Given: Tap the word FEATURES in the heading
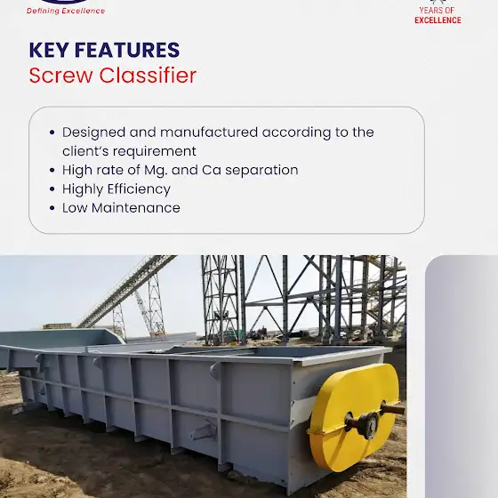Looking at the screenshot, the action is (127, 50).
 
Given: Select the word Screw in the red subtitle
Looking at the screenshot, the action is (60, 76).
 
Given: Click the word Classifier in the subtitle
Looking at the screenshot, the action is (148, 76).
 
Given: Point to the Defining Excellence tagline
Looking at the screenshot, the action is (66, 11).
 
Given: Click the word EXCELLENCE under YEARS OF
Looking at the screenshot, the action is (438, 20).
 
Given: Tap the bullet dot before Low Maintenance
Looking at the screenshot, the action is (52, 208).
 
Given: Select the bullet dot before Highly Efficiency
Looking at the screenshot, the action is (52, 189).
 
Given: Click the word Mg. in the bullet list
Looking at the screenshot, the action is (156, 171).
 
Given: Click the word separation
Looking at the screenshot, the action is (261, 171).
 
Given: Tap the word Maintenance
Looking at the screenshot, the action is (136, 208).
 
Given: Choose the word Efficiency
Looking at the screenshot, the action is (139, 189).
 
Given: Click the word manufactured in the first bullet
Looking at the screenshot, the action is (209, 133).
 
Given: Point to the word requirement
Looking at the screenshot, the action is (155, 152).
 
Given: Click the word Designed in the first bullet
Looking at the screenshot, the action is (93, 133).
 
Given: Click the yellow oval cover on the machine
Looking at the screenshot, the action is (352, 416).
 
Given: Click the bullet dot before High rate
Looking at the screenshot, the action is (52, 171).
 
